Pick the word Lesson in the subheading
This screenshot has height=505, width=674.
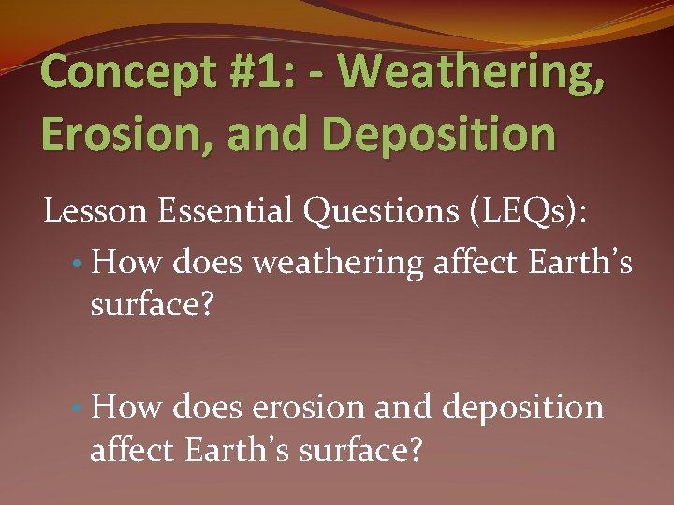coord(96,212)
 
